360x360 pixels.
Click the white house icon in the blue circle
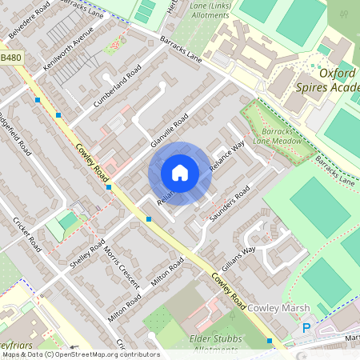[180, 173]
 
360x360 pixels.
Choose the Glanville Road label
[170, 129]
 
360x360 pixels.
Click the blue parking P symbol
[306, 327]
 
